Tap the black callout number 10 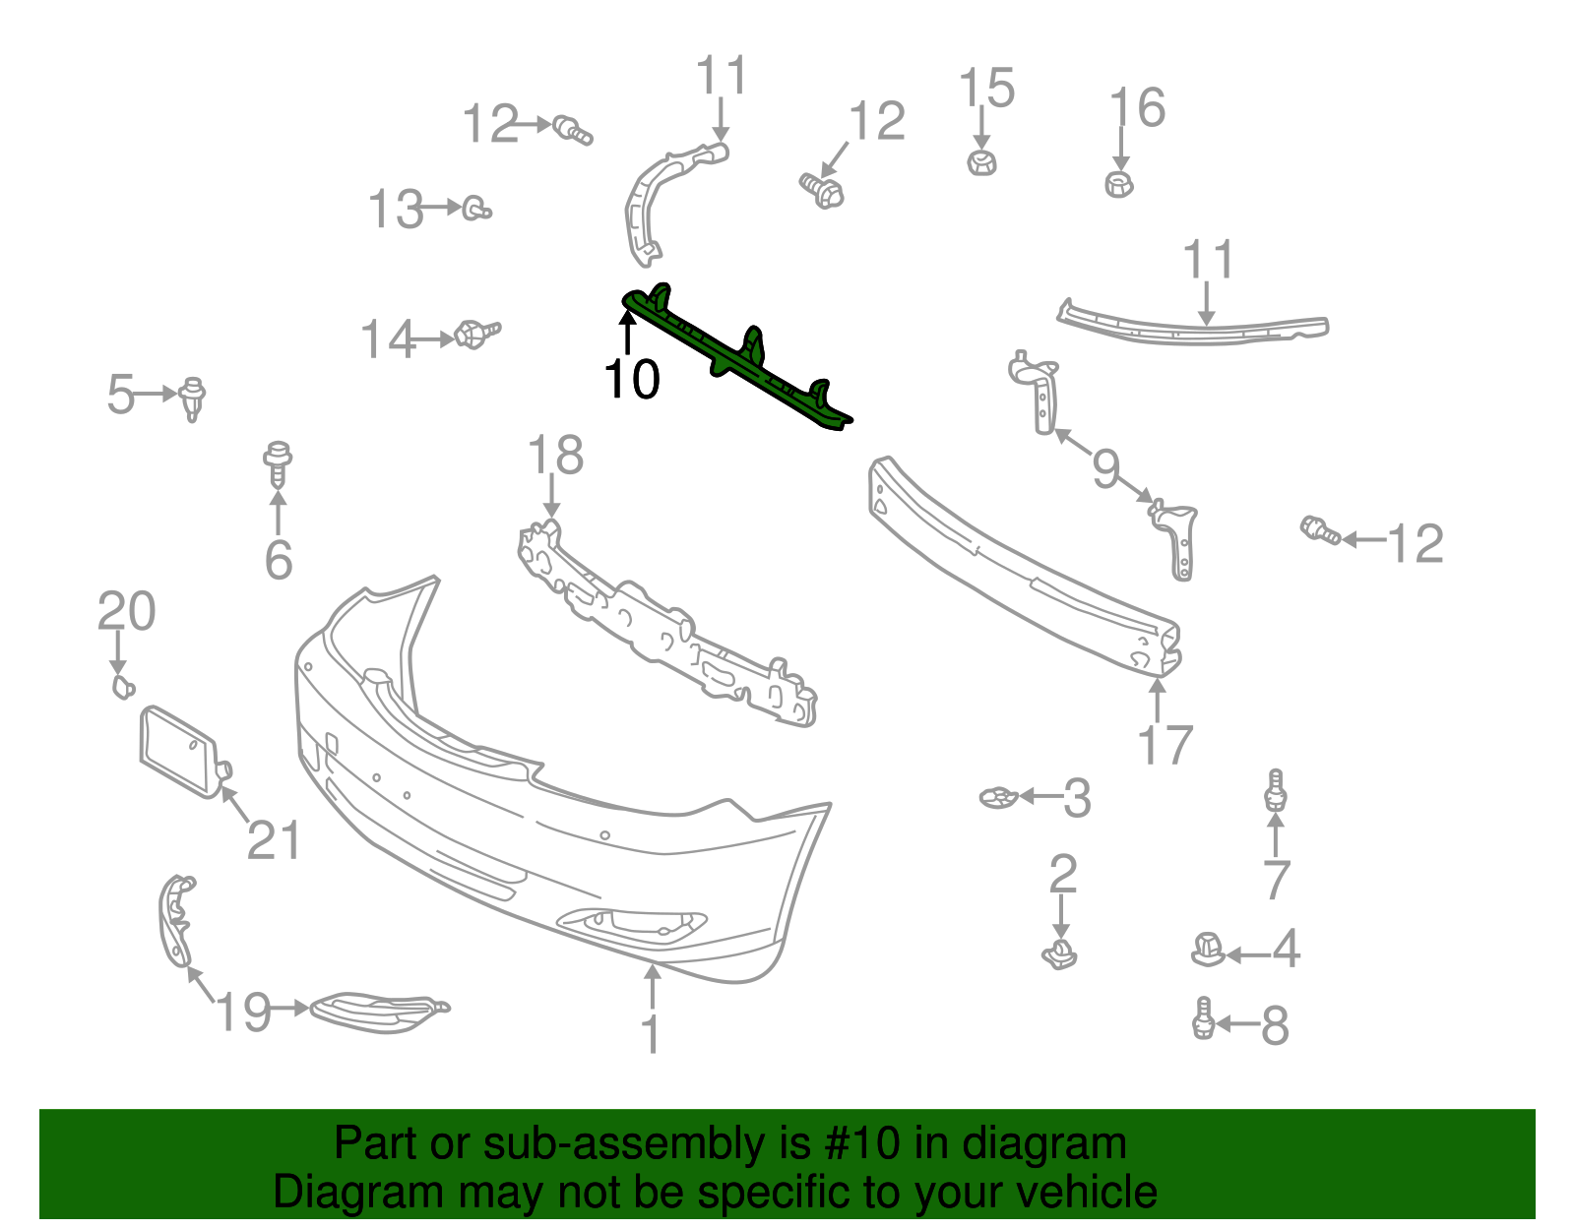pyautogui.click(x=631, y=379)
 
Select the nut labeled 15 pyautogui.click(x=980, y=162)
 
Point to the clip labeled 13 pyautogui.click(x=477, y=209)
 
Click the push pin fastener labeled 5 pyautogui.click(x=193, y=397)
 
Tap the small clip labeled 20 pyautogui.click(x=122, y=686)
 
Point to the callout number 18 pyautogui.click(x=555, y=457)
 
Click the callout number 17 pyautogui.click(x=1165, y=745)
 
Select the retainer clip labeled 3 pyautogui.click(x=998, y=797)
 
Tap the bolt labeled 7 pyautogui.click(x=1276, y=790)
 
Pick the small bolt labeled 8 pyautogui.click(x=1202, y=1018)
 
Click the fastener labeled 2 pyautogui.click(x=1059, y=953)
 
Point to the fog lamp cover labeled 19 pyautogui.click(x=379, y=1011)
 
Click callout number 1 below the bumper pyautogui.click(x=650, y=1034)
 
